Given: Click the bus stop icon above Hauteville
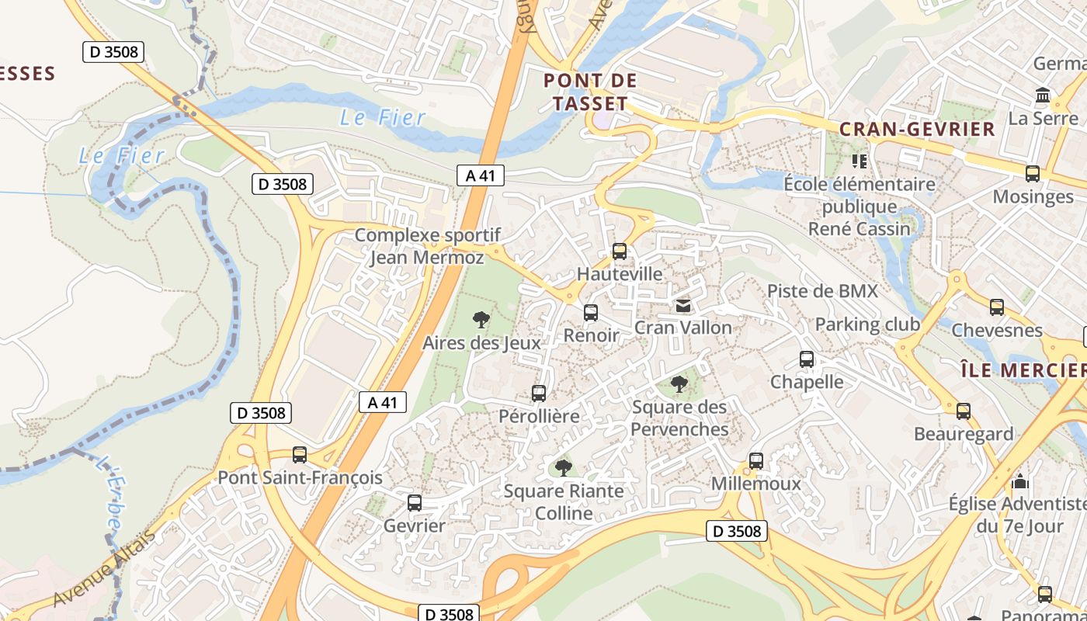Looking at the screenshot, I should (x=619, y=251).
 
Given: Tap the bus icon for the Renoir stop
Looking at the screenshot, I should (x=591, y=313).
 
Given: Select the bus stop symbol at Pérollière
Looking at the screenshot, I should (x=539, y=393).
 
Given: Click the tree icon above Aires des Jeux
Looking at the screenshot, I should (x=481, y=318).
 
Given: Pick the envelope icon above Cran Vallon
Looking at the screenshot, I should (x=683, y=306).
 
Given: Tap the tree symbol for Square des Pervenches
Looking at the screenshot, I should (x=679, y=383).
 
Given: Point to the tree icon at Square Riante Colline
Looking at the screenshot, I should (x=564, y=467).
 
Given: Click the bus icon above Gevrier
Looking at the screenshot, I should (x=415, y=502).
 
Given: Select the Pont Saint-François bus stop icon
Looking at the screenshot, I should (x=300, y=454).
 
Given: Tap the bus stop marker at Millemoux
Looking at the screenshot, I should (x=756, y=461).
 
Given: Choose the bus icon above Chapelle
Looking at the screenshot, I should (x=807, y=359).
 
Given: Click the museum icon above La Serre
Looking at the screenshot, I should (x=1043, y=95).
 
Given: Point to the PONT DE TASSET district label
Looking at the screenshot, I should (x=591, y=91).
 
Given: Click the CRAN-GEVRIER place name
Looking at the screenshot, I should (x=918, y=129).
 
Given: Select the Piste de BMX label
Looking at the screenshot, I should (x=822, y=291).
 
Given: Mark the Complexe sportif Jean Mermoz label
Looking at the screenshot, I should (x=427, y=246).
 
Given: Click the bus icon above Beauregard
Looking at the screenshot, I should (x=964, y=411).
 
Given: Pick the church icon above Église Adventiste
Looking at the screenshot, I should (x=1020, y=481).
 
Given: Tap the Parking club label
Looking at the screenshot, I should (x=867, y=324).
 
